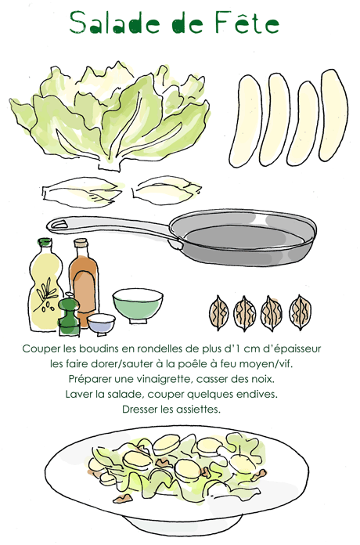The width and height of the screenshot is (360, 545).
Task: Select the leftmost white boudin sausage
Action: [245, 120]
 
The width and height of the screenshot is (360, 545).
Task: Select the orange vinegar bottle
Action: [84, 282]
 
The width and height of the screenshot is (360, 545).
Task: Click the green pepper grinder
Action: [69, 315]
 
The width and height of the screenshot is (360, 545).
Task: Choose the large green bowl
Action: [138, 305]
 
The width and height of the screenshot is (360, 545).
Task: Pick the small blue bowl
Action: [101, 324]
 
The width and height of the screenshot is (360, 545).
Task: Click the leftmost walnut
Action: [219, 312]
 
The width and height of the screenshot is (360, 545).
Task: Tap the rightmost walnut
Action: [301, 312]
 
